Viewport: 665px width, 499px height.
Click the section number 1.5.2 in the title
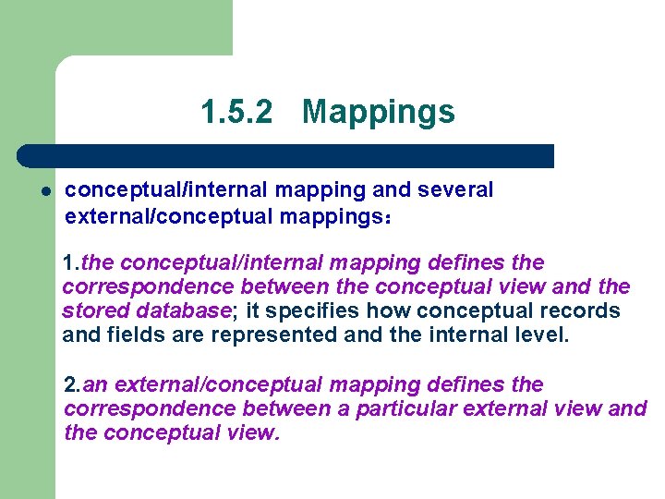pyautogui.click(x=236, y=113)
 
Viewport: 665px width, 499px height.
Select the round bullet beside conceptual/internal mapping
pyautogui.click(x=43, y=191)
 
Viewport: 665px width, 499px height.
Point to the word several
pyautogui.click(x=456, y=190)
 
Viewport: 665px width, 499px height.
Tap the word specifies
pyautogui.click(x=305, y=310)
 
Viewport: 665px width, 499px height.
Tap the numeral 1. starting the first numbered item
pyautogui.click(x=71, y=263)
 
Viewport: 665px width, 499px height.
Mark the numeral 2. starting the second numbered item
pyautogui.click(x=73, y=383)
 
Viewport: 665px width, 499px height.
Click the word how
pyautogui.click(x=374, y=310)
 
